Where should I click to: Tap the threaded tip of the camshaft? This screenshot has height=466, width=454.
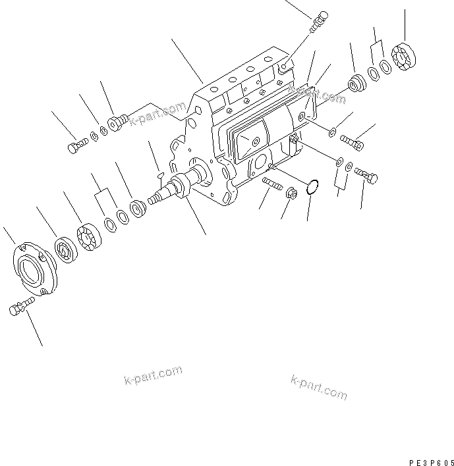click(x=155, y=197)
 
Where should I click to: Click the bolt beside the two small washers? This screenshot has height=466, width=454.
click(x=76, y=144)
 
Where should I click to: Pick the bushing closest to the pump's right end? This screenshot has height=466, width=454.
click(x=357, y=83)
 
